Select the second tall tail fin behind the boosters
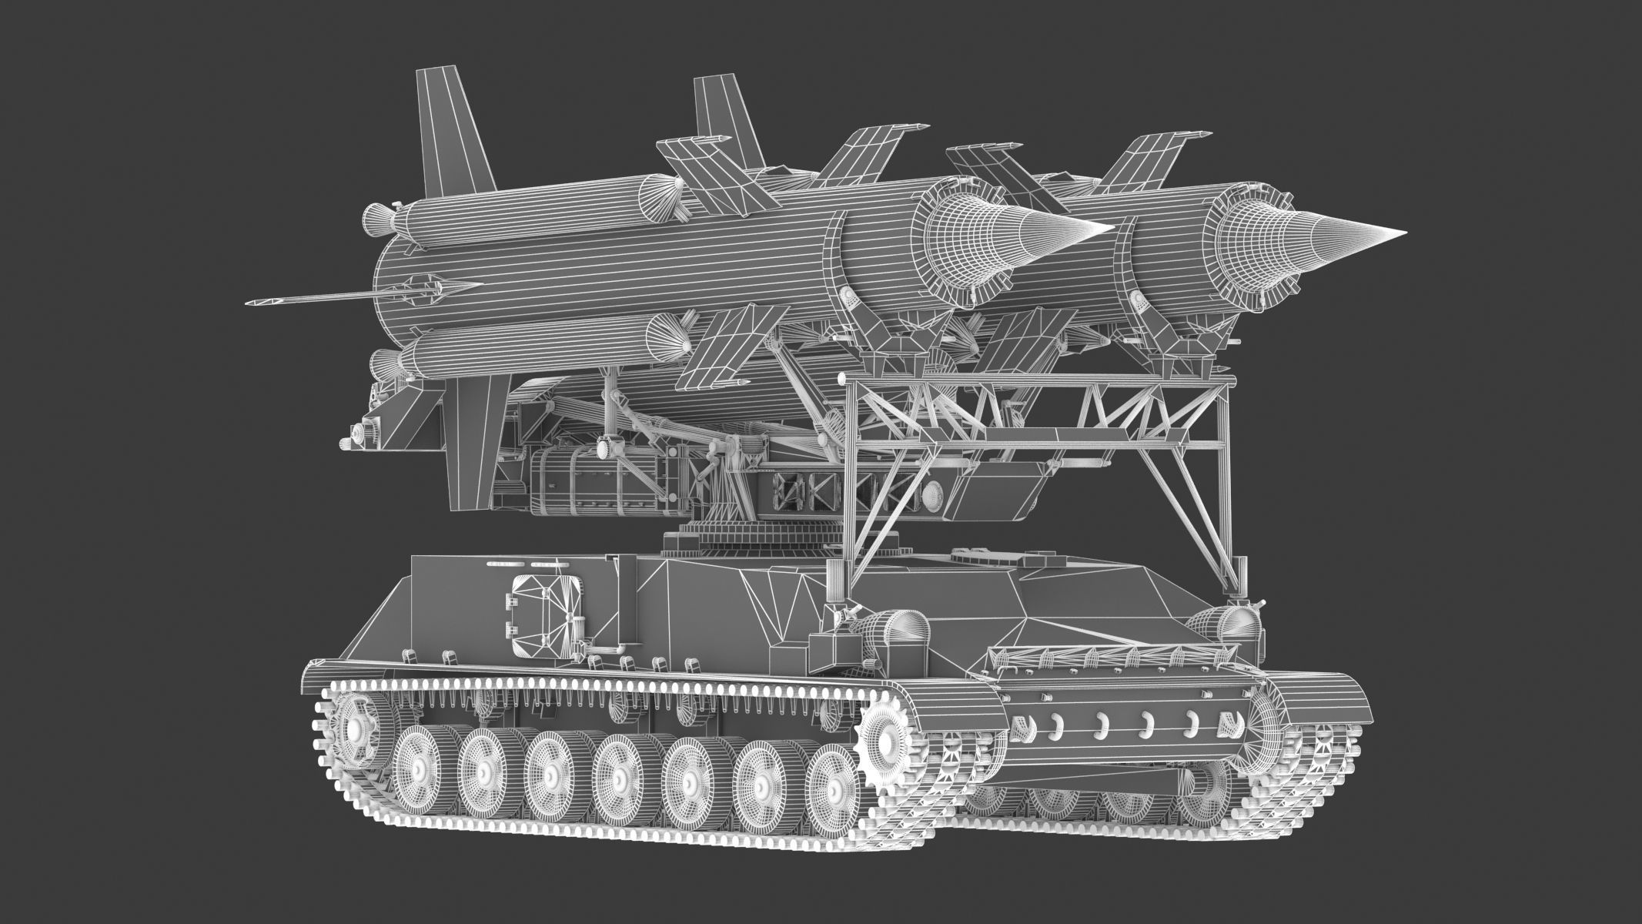[x=724, y=119]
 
